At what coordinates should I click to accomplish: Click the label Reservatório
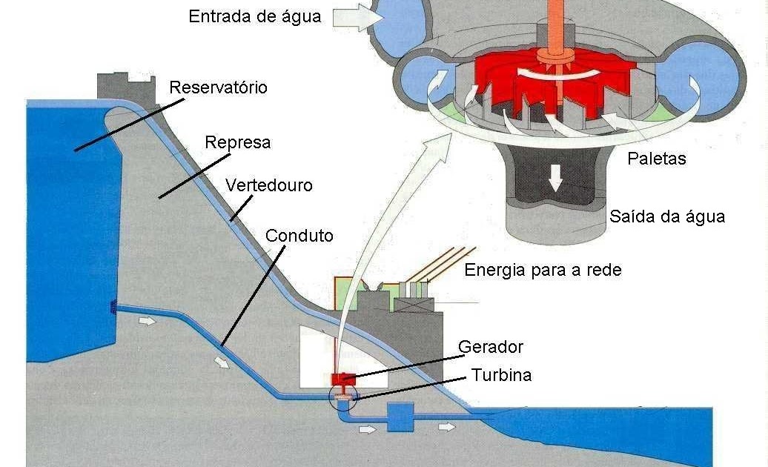(x=218, y=87)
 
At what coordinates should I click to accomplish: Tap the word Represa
(x=237, y=142)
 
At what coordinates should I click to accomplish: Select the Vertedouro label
(x=270, y=185)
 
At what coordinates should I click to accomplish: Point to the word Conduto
(x=299, y=236)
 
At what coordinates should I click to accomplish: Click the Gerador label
(x=491, y=346)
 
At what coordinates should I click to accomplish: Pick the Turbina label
(x=501, y=375)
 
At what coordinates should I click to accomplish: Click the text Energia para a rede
(x=543, y=270)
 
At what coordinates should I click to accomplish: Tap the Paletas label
(x=656, y=158)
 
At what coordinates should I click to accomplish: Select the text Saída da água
(x=666, y=216)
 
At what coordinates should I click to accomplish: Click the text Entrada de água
(x=255, y=16)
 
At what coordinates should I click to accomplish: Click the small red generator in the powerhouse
(x=343, y=380)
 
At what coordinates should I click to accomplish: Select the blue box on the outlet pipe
(x=400, y=417)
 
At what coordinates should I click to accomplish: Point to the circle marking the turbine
(x=342, y=397)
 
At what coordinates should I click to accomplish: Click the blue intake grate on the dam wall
(x=113, y=307)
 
